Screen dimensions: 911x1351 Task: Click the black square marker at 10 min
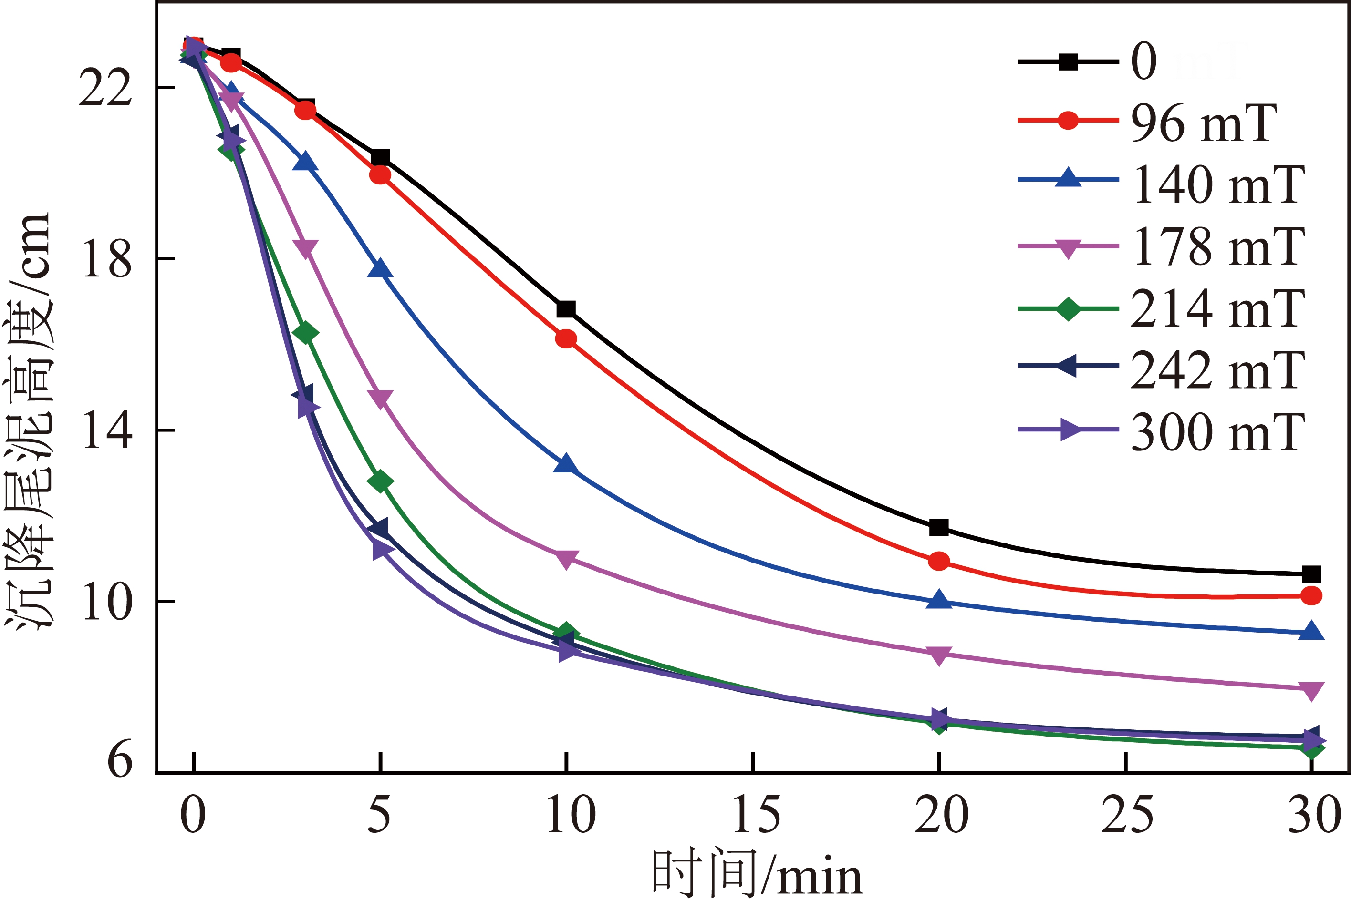point(566,308)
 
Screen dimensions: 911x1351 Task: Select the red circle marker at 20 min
point(939,561)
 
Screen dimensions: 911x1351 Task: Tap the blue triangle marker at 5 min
point(380,269)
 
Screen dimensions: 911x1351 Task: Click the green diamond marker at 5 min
point(380,481)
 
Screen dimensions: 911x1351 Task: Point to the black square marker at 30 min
point(1311,574)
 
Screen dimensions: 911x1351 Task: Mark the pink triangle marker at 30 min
point(1311,691)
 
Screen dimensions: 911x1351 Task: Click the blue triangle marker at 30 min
point(1311,631)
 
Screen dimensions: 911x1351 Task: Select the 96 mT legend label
point(1203,123)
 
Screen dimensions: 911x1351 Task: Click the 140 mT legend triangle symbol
point(1068,178)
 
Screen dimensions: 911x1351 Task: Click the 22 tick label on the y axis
point(104,89)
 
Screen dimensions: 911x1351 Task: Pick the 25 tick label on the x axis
point(1127,815)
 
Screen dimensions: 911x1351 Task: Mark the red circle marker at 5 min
point(380,175)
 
